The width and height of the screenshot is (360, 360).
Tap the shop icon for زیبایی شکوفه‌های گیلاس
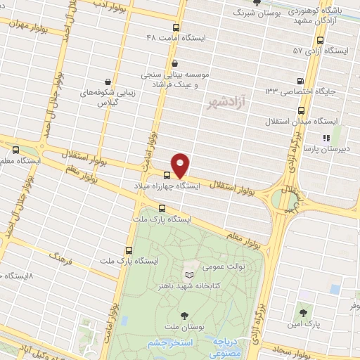[107, 81]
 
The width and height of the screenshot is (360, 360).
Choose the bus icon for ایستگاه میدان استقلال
[302, 110]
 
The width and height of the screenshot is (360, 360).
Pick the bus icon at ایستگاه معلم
[16, 149]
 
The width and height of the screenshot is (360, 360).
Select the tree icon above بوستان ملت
[185, 315]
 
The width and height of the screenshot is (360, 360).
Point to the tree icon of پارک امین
[302, 312]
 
